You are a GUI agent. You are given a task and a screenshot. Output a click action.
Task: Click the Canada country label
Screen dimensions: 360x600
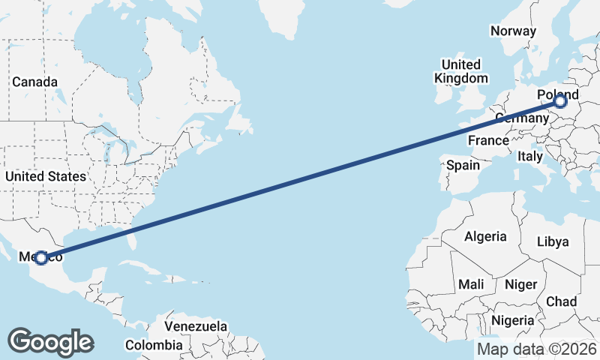(34, 81)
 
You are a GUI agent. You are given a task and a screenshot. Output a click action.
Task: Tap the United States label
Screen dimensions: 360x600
(45, 176)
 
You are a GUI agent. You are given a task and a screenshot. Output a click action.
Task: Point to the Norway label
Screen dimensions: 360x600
(513, 31)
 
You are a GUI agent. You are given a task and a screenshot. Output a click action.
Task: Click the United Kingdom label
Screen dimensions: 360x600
(461, 70)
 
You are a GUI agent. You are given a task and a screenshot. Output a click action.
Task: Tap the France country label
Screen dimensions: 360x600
(487, 140)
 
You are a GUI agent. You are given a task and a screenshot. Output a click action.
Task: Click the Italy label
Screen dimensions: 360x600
(529, 157)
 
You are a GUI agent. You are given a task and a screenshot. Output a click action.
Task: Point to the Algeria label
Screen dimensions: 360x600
(485, 237)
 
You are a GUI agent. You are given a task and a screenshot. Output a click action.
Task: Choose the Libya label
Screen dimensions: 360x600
(553, 241)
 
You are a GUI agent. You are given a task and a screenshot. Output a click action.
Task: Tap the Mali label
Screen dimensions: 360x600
(471, 285)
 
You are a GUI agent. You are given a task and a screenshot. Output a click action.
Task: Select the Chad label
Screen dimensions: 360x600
(561, 301)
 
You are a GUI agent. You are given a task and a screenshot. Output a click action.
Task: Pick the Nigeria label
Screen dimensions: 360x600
(513, 320)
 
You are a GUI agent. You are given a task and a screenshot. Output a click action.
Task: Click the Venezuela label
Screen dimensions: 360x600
(196, 327)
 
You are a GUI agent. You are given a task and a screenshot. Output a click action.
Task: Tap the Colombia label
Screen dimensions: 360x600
(154, 345)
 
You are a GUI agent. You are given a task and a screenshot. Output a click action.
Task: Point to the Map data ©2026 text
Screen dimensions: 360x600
(537, 349)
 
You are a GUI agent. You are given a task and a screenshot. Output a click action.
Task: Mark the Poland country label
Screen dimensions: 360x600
(558, 95)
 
